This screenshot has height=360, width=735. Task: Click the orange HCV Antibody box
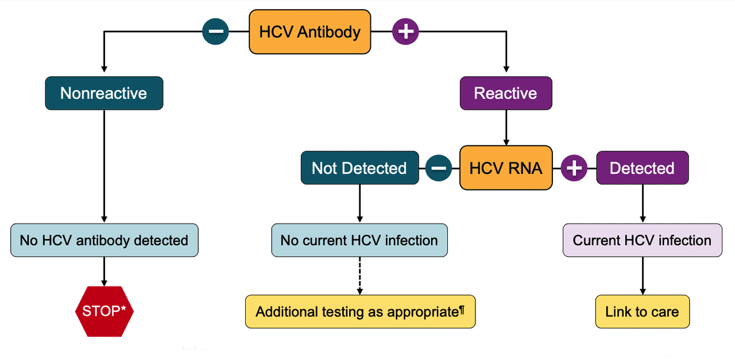pos(310,32)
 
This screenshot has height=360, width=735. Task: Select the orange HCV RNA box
pos(506,168)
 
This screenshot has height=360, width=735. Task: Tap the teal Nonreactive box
pos(104,93)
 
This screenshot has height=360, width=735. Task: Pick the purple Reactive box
pos(506,93)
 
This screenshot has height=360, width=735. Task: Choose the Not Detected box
pos(359,168)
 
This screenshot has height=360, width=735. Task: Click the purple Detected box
pos(643,168)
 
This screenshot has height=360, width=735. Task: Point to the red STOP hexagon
pos(105,311)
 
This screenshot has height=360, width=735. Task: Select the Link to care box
pos(643,311)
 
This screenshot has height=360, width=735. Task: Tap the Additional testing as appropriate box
pos(360,311)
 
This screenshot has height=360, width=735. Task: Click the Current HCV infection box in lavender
pos(643,240)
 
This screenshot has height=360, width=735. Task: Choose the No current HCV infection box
pos(359,240)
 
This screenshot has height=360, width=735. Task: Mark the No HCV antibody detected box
pos(105,240)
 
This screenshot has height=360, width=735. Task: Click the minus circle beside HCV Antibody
pos(215,32)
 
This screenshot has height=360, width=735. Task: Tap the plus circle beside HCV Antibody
pos(405,32)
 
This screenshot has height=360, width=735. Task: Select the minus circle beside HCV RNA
pos(439,168)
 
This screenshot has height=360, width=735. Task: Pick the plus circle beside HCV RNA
pos(574,168)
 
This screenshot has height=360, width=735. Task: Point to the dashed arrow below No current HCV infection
pos(359,276)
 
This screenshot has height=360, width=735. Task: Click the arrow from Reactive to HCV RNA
pos(506,127)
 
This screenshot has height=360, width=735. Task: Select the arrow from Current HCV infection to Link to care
pos(643,276)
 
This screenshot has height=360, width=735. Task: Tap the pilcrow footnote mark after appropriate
pos(462,310)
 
